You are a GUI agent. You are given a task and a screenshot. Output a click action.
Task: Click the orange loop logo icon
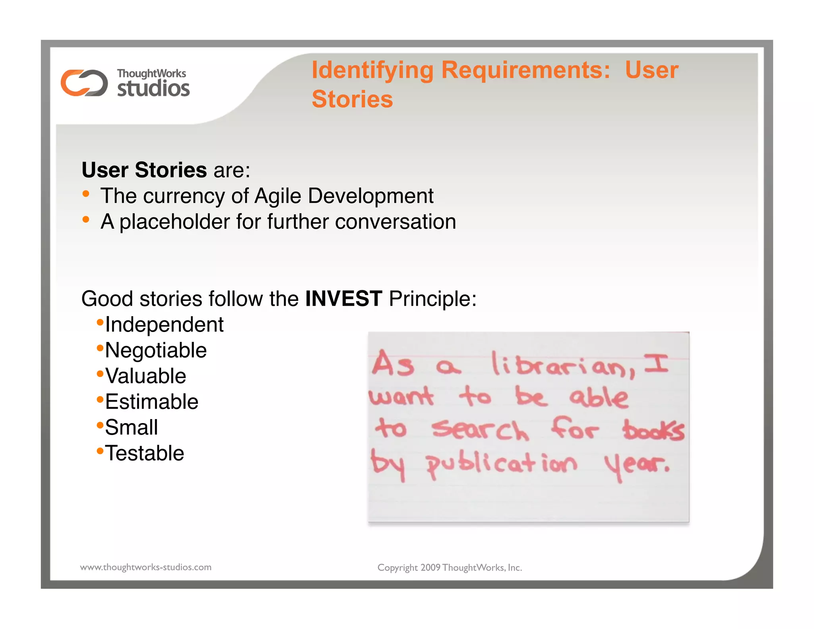pyautogui.click(x=84, y=83)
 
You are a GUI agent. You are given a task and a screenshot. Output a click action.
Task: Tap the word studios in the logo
pyautogui.click(x=153, y=88)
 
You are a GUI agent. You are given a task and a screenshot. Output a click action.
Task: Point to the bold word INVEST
pyautogui.click(x=343, y=299)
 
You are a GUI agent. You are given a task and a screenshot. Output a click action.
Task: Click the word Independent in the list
pyautogui.click(x=164, y=325)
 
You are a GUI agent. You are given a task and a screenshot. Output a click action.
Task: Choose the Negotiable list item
pyautogui.click(x=156, y=351)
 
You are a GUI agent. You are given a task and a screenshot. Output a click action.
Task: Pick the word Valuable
pyautogui.click(x=145, y=376)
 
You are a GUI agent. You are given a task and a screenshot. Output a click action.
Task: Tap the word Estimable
pyautogui.click(x=151, y=402)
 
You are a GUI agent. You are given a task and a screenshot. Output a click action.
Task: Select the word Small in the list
pyautogui.click(x=132, y=428)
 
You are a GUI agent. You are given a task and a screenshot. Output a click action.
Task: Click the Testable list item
pyautogui.click(x=145, y=453)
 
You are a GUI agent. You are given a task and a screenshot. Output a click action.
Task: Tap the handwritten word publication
pyautogui.click(x=501, y=464)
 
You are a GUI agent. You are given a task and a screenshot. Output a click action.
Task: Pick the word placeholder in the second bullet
pyautogui.click(x=174, y=222)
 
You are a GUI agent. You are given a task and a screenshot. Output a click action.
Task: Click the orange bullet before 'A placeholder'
pyautogui.click(x=86, y=219)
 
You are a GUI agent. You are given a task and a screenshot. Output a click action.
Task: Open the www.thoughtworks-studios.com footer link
pyautogui.click(x=146, y=567)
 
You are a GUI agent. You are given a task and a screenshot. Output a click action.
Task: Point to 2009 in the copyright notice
pyautogui.click(x=430, y=568)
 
